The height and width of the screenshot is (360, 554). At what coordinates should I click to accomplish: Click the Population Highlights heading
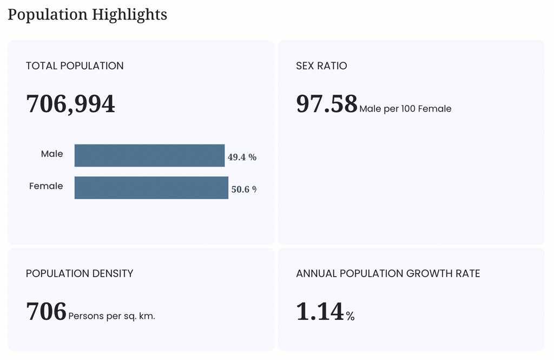click(87, 15)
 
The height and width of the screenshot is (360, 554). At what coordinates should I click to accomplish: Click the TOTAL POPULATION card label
click(75, 66)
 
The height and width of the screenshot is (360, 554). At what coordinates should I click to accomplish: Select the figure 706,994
click(70, 104)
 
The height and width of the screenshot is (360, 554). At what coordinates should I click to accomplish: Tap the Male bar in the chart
click(149, 155)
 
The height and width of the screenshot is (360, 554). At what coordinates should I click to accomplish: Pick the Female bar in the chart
click(151, 187)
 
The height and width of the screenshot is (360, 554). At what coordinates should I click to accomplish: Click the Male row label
click(52, 154)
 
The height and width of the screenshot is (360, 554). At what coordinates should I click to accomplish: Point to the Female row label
click(46, 186)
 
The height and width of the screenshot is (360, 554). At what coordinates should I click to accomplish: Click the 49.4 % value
click(242, 157)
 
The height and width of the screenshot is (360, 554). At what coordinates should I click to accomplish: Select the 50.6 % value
click(244, 189)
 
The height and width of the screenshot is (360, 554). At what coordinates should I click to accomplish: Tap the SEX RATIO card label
click(321, 66)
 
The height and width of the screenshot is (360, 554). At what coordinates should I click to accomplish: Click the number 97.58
click(327, 103)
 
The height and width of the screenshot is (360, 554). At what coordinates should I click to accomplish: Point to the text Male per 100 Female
click(405, 109)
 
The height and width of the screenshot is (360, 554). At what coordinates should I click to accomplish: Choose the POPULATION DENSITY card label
click(80, 273)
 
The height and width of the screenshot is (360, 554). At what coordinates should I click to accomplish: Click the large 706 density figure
click(47, 311)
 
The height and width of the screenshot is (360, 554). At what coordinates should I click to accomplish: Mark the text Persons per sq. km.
click(111, 316)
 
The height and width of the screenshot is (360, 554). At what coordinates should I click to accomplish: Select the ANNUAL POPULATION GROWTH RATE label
click(388, 273)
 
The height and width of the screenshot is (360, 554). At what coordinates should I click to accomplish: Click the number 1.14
click(320, 311)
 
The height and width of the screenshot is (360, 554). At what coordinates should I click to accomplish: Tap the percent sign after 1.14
click(350, 316)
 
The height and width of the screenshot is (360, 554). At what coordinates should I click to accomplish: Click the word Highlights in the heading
click(130, 15)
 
